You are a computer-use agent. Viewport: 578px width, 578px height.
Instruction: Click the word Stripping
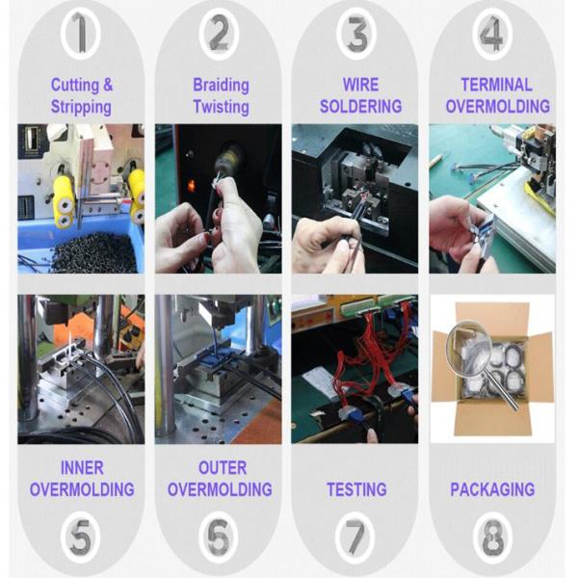click(81, 107)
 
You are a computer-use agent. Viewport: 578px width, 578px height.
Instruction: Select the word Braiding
click(222, 85)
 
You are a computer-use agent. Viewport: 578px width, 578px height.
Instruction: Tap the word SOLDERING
click(360, 106)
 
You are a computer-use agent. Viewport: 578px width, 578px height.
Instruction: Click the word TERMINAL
click(496, 85)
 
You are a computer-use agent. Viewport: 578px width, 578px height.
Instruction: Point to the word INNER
click(82, 468)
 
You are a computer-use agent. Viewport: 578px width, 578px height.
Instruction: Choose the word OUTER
click(223, 468)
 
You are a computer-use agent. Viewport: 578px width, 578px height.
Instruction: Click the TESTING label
click(356, 489)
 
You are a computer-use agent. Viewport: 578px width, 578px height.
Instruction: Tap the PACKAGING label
click(492, 489)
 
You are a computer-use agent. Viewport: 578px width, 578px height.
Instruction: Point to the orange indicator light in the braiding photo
click(192, 185)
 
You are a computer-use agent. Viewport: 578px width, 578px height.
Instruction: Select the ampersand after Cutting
click(108, 85)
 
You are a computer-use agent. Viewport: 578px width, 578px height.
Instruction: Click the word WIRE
click(360, 85)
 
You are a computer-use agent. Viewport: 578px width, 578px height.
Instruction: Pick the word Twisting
click(222, 107)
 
